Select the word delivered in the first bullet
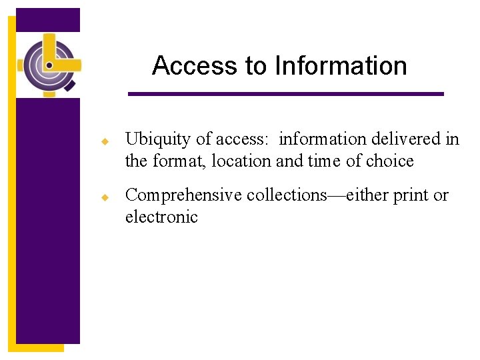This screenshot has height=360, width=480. (x=402, y=139)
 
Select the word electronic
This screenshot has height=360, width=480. (x=161, y=217)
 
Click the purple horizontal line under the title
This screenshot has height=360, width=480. (x=285, y=94)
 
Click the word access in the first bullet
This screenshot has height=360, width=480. (x=242, y=139)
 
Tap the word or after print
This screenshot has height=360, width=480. (x=441, y=195)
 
